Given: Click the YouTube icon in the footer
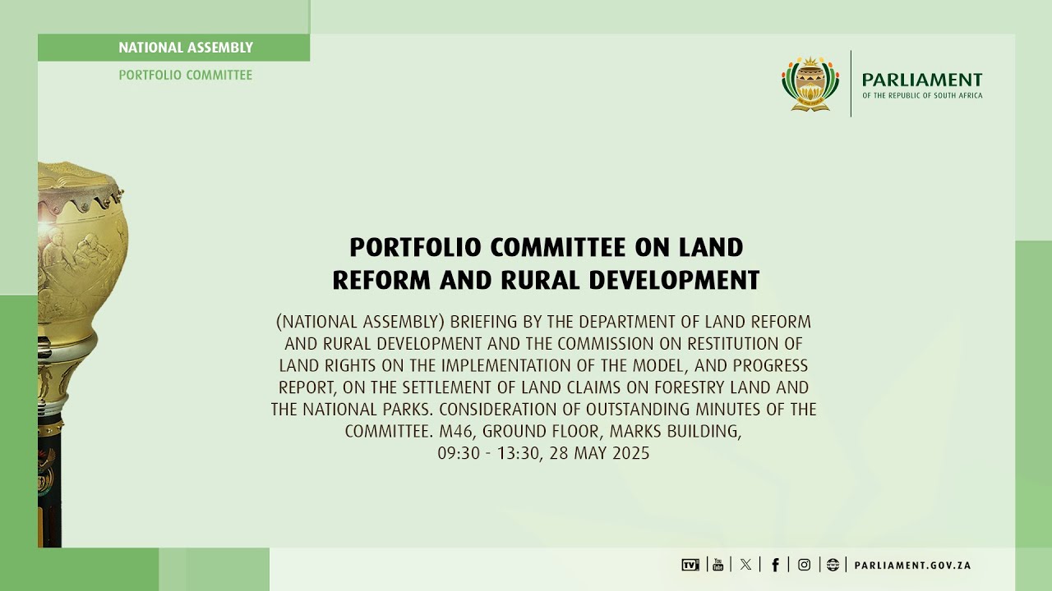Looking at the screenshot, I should [717, 565].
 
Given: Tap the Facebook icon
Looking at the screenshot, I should [774, 565].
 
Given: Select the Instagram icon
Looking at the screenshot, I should [804, 565].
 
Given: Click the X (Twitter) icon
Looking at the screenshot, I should [745, 565].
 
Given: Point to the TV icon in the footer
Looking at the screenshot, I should [690, 565].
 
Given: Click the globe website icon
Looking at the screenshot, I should [833, 565].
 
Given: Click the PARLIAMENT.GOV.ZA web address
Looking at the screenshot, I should [912, 566].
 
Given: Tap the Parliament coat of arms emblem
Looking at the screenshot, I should [810, 83].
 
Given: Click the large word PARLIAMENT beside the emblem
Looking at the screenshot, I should [921, 80].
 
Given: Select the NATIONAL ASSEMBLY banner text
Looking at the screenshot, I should [186, 48].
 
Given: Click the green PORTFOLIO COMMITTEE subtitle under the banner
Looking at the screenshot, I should [186, 75].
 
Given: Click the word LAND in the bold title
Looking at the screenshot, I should [711, 247].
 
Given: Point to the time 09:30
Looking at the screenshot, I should [458, 453].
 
